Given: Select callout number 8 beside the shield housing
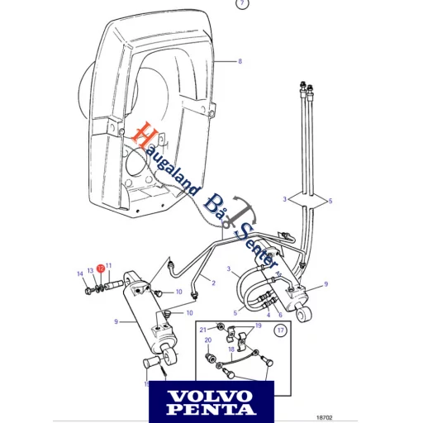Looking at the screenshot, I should coord(240,62).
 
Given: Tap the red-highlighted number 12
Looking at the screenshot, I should coord(99,268).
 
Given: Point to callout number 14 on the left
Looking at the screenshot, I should coord(81,273).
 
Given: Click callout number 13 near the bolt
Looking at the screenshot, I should coord(90,271).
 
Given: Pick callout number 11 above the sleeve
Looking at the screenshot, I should coord(108,265).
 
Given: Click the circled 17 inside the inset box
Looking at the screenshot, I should coord(280,331).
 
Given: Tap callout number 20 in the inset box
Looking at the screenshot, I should coord(207,340).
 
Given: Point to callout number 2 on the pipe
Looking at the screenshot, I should coord(212,283).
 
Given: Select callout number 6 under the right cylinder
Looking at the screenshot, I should coord(280,315).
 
